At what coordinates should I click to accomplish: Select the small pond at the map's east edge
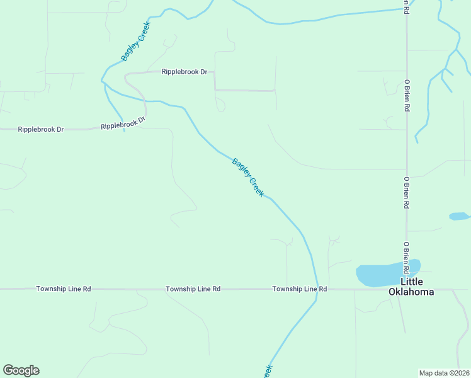coord(459,216)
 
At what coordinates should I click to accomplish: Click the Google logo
coord(21,370)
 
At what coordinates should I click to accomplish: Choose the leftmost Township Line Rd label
coord(64,289)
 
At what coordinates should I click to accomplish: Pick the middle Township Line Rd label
coord(193,289)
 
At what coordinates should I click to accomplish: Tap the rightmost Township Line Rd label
coord(300,289)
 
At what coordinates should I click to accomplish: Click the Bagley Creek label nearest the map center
coord(248,177)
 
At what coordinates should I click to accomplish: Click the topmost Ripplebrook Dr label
coord(184,72)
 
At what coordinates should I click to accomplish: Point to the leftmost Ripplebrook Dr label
coord(41,129)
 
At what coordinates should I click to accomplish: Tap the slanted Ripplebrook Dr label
coord(123,123)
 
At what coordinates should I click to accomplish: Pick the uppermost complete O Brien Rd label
coord(407,94)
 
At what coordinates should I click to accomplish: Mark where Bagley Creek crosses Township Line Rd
coord(317,289)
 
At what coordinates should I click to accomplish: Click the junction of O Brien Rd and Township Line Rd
coord(407,289)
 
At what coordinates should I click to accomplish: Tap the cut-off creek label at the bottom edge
coord(268,371)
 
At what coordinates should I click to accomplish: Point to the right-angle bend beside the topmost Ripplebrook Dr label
coord(214,72)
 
